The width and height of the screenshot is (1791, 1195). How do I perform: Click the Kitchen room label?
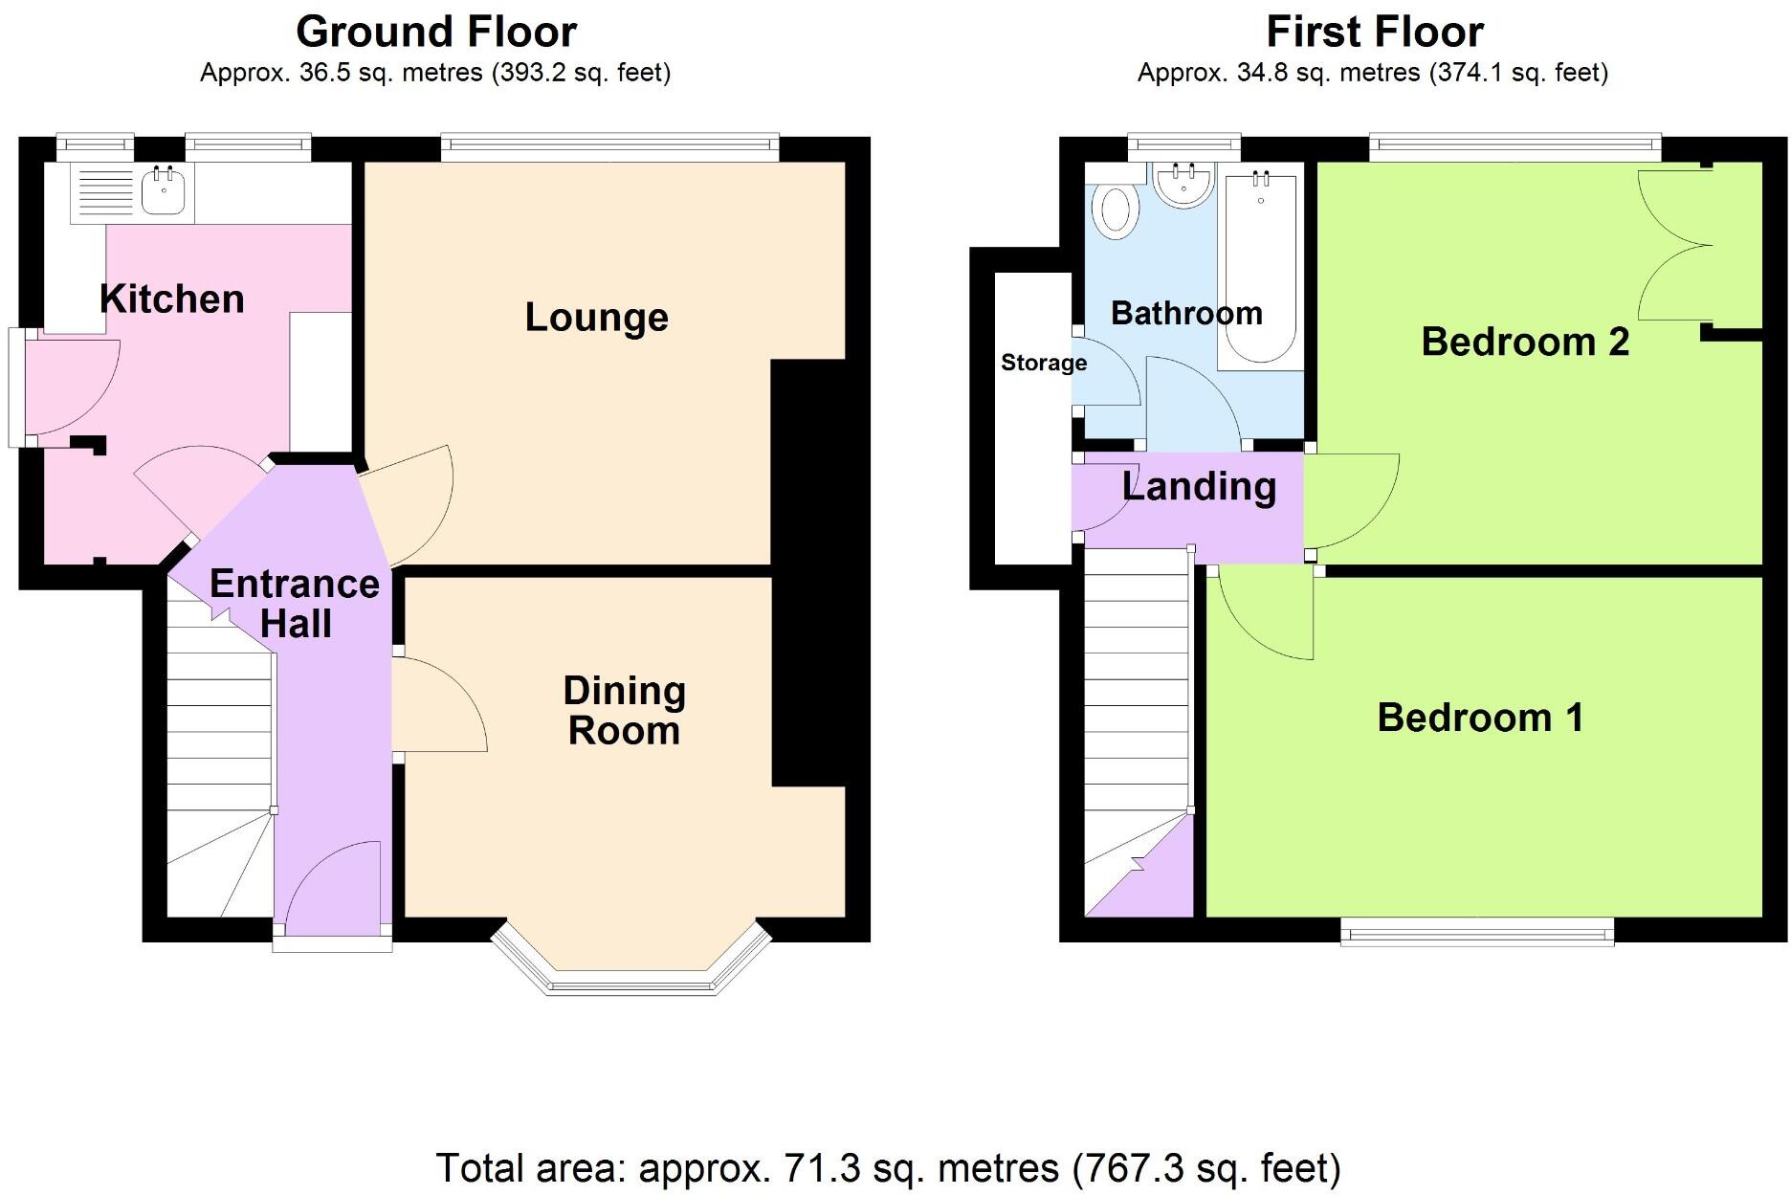(x=172, y=299)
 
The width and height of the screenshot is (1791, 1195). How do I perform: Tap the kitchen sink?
(x=163, y=190)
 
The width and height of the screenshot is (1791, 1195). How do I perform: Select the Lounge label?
(x=596, y=318)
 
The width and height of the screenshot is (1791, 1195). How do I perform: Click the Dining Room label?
(x=624, y=710)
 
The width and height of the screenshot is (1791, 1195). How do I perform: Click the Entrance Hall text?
(x=295, y=603)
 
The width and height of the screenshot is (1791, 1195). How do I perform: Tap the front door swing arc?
(x=330, y=885)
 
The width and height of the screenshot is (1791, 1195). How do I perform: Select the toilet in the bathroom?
(x=1115, y=210)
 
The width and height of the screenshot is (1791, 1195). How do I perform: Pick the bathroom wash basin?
(x=1184, y=182)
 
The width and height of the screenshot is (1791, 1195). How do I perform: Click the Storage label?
(x=1044, y=363)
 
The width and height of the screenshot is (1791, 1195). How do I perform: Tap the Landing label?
(x=1199, y=487)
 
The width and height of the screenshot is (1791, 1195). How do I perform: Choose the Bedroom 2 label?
(x=1525, y=342)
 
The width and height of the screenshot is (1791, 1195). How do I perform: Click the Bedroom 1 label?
(x=1480, y=718)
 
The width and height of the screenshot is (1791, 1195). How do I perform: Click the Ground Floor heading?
(x=436, y=32)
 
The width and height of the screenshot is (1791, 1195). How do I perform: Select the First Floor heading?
(x=1375, y=32)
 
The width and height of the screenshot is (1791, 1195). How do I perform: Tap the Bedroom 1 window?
(x=1477, y=931)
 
